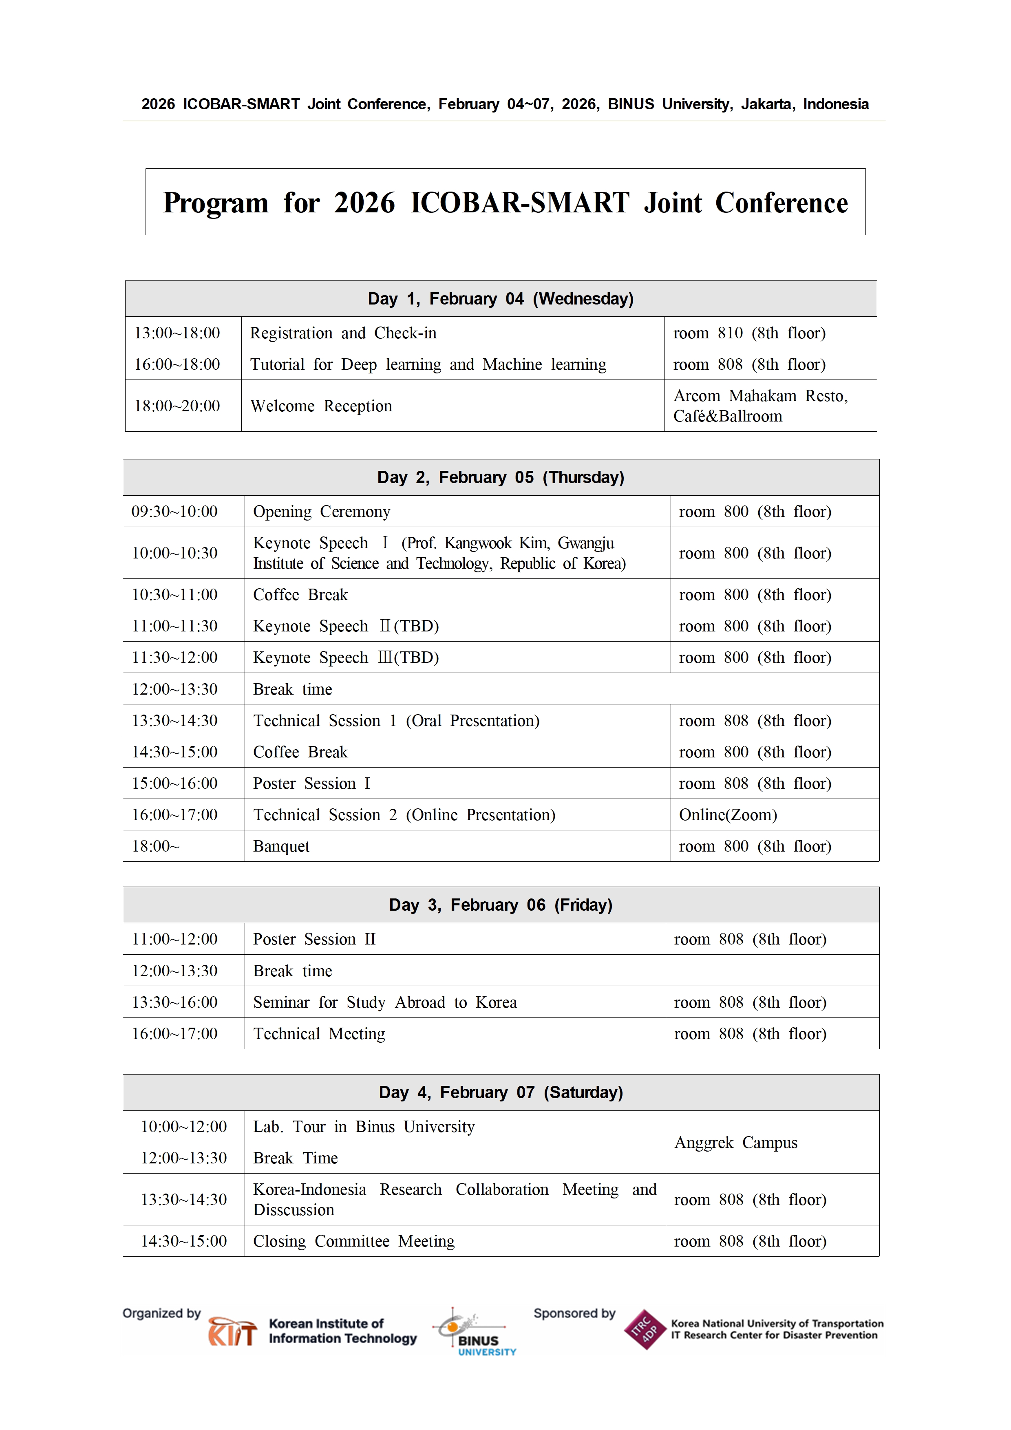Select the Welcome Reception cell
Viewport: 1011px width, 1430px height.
(x=321, y=406)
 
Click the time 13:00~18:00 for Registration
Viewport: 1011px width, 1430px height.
(x=177, y=333)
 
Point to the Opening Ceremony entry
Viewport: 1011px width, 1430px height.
(x=321, y=512)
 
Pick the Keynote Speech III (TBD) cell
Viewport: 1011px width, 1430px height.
(x=346, y=658)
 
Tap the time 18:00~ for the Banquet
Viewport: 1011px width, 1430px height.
(x=155, y=846)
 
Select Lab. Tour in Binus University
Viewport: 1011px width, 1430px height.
(x=363, y=1127)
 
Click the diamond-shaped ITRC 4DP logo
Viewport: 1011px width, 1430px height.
(x=645, y=1330)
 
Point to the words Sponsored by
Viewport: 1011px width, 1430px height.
(x=574, y=1313)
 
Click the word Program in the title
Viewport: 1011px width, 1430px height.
(x=216, y=203)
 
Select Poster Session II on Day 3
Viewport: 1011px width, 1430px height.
(x=314, y=939)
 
